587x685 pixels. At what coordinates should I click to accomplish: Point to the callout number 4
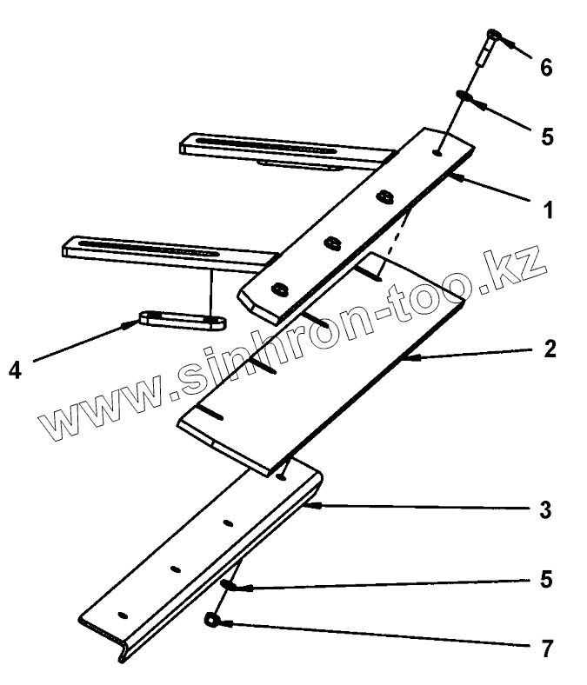pyautogui.click(x=15, y=369)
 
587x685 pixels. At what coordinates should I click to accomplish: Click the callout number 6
pyautogui.click(x=546, y=68)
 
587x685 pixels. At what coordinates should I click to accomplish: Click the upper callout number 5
pyautogui.click(x=546, y=137)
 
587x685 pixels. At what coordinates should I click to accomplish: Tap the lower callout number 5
pyautogui.click(x=545, y=579)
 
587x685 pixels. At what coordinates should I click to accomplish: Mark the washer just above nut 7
pyautogui.click(x=227, y=583)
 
